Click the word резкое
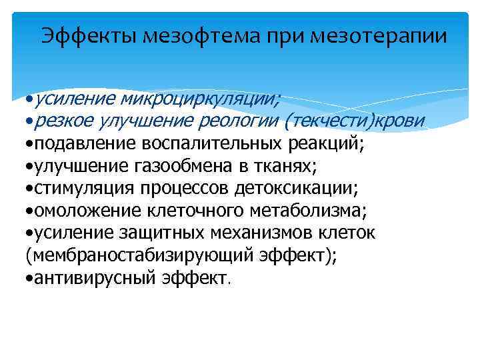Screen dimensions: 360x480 (63, 120)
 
